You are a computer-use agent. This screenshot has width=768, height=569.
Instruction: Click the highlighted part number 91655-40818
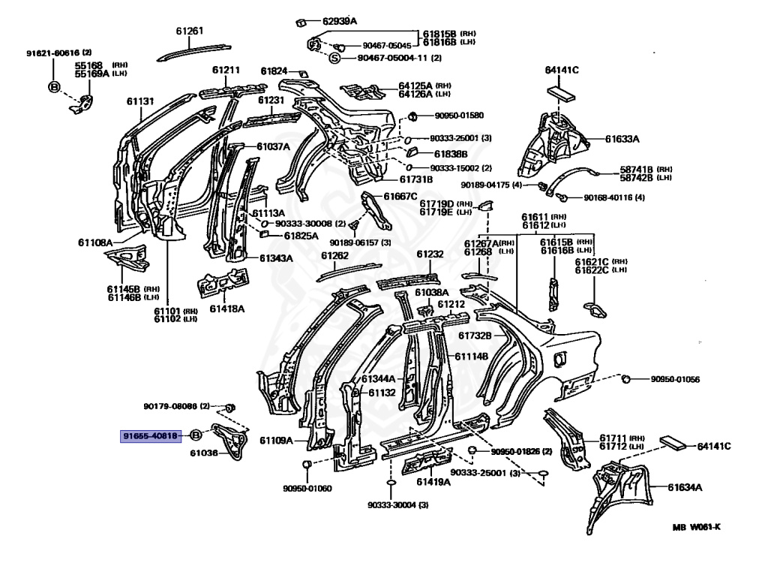(151, 435)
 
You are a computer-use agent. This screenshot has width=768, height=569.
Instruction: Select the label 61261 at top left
(190, 31)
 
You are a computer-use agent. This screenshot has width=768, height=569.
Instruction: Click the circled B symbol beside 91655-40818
(194, 435)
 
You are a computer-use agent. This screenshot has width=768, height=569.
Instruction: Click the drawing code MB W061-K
(696, 526)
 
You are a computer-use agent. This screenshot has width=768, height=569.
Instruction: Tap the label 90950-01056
(674, 380)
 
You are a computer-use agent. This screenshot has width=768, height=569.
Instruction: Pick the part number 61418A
(226, 309)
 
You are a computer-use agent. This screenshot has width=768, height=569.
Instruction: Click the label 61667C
(400, 196)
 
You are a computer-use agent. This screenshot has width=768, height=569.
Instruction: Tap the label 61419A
(433, 481)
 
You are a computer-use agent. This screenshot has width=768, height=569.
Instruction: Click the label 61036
(203, 453)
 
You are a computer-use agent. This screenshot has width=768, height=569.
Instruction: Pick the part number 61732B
(475, 335)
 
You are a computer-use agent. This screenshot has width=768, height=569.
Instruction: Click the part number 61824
(274, 71)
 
